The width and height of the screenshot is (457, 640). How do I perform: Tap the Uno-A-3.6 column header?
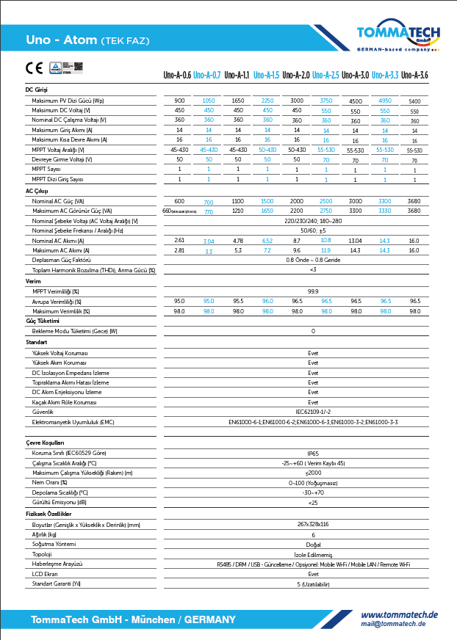(x=414, y=75)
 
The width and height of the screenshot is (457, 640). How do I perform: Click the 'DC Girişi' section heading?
(x=36, y=90)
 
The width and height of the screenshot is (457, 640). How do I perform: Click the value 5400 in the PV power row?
(x=414, y=101)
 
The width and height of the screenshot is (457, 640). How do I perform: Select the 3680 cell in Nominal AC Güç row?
(x=414, y=200)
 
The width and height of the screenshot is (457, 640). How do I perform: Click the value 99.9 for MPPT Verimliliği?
(x=313, y=291)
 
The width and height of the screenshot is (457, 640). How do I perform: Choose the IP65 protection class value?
(x=313, y=454)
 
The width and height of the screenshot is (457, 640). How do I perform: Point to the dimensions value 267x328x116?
(x=313, y=525)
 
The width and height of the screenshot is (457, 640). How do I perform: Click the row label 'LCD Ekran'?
(x=45, y=574)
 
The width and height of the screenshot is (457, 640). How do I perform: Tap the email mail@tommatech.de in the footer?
(x=393, y=624)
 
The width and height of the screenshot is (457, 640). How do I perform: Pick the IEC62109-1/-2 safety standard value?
(x=313, y=412)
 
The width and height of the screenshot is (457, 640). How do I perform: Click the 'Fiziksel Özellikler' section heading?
(x=48, y=514)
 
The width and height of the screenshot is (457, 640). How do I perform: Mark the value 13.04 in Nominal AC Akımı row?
(x=356, y=241)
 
